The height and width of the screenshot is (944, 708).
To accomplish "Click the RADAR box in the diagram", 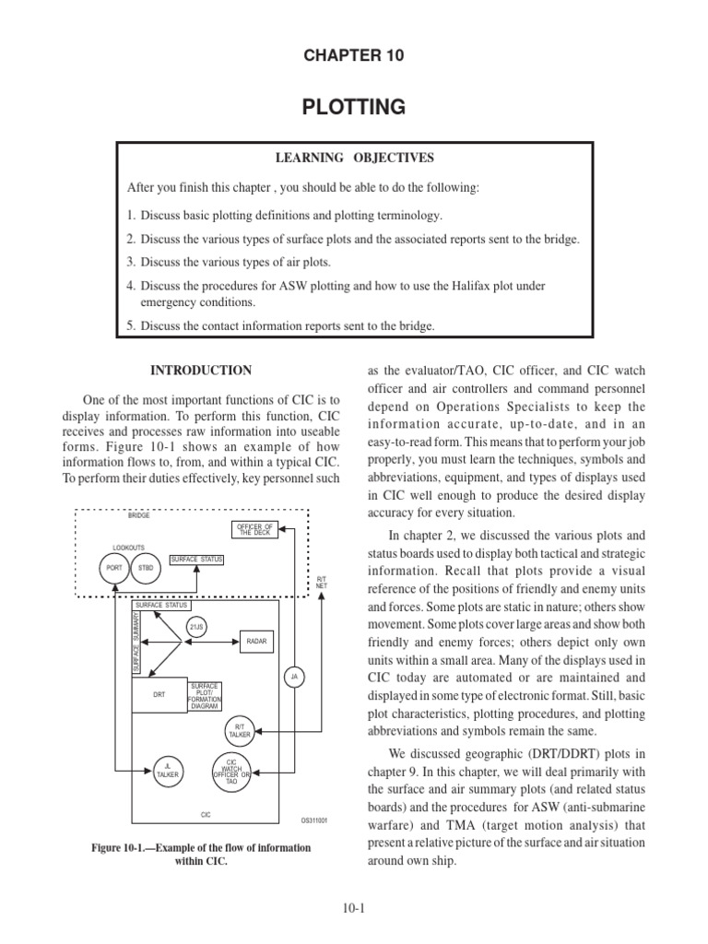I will tap(255, 642).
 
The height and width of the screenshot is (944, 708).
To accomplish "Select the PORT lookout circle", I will tap(115, 568).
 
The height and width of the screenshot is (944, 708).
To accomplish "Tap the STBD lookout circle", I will tap(146, 568).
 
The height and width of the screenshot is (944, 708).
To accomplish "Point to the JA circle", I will tap(294, 676).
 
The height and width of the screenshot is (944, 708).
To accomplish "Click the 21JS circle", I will tap(196, 627).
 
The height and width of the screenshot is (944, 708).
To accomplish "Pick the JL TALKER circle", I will tap(168, 771).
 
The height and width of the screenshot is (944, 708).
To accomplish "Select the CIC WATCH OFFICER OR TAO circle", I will tap(231, 771).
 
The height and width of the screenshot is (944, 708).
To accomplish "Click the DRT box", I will tap(159, 695).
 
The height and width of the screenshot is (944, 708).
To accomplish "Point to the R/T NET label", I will tap(321, 582).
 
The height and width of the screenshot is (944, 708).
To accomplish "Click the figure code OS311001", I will tap(314, 820).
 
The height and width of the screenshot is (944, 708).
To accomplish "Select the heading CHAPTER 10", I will tap(354, 56).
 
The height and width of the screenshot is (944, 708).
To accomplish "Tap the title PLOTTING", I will tap(354, 107).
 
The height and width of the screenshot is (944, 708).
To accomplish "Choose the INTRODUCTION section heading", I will tap(201, 371).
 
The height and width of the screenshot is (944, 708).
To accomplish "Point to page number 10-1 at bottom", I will tap(353, 908).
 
